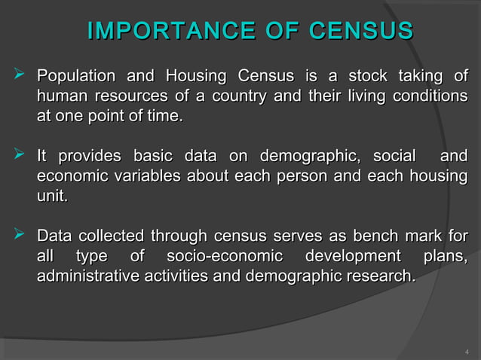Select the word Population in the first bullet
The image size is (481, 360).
pyautogui.click(x=76, y=76)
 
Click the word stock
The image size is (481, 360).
pyautogui.click(x=367, y=76)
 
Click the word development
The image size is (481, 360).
pyautogui.click(x=352, y=256)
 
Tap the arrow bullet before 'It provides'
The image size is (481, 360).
pyautogui.click(x=20, y=156)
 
